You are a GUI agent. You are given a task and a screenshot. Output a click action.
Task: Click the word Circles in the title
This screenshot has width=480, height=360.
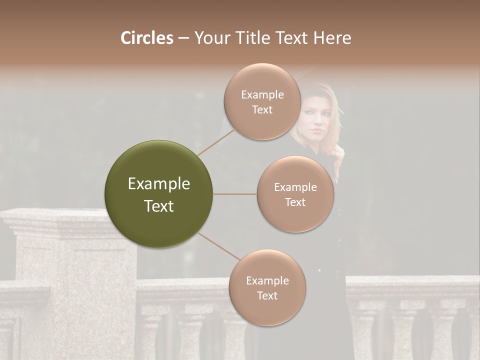click(146, 38)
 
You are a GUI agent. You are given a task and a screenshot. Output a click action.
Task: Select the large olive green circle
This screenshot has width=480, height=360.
click(158, 194)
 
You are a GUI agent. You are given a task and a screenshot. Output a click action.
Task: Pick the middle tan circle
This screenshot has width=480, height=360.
click(295, 194)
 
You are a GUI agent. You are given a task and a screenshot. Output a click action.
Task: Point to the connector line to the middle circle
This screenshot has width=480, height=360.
click(235, 194)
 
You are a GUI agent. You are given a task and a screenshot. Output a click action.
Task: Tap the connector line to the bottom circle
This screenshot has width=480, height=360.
click(219, 246)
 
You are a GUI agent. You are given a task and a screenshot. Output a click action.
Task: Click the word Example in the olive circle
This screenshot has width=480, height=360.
click(158, 184)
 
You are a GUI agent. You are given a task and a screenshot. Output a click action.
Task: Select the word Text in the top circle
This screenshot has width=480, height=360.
click(262, 110)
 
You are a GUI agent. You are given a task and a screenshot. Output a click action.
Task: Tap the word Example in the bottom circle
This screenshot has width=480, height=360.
click(267, 281)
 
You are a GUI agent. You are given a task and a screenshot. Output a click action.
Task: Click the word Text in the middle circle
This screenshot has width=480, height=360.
click(295, 202)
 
